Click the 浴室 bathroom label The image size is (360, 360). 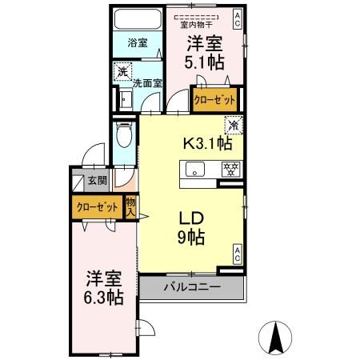pyautogui.click(x=136, y=44)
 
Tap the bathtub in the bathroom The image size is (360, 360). pyautogui.click(x=137, y=19)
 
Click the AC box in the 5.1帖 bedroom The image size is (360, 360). pyautogui.click(x=238, y=15)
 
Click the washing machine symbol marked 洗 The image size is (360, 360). pyautogui.click(x=122, y=72)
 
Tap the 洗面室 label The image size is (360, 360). pyautogui.click(x=147, y=82)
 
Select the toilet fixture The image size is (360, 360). pyautogui.click(x=124, y=137)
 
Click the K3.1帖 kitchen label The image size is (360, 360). pyautogui.click(x=208, y=144)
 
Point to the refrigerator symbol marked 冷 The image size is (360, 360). pyautogui.click(x=232, y=125)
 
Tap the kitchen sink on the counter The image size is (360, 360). pyautogui.click(x=194, y=170)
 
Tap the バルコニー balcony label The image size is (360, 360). pyautogui.click(x=192, y=286)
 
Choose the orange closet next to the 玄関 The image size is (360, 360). pyautogui.click(x=97, y=207)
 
